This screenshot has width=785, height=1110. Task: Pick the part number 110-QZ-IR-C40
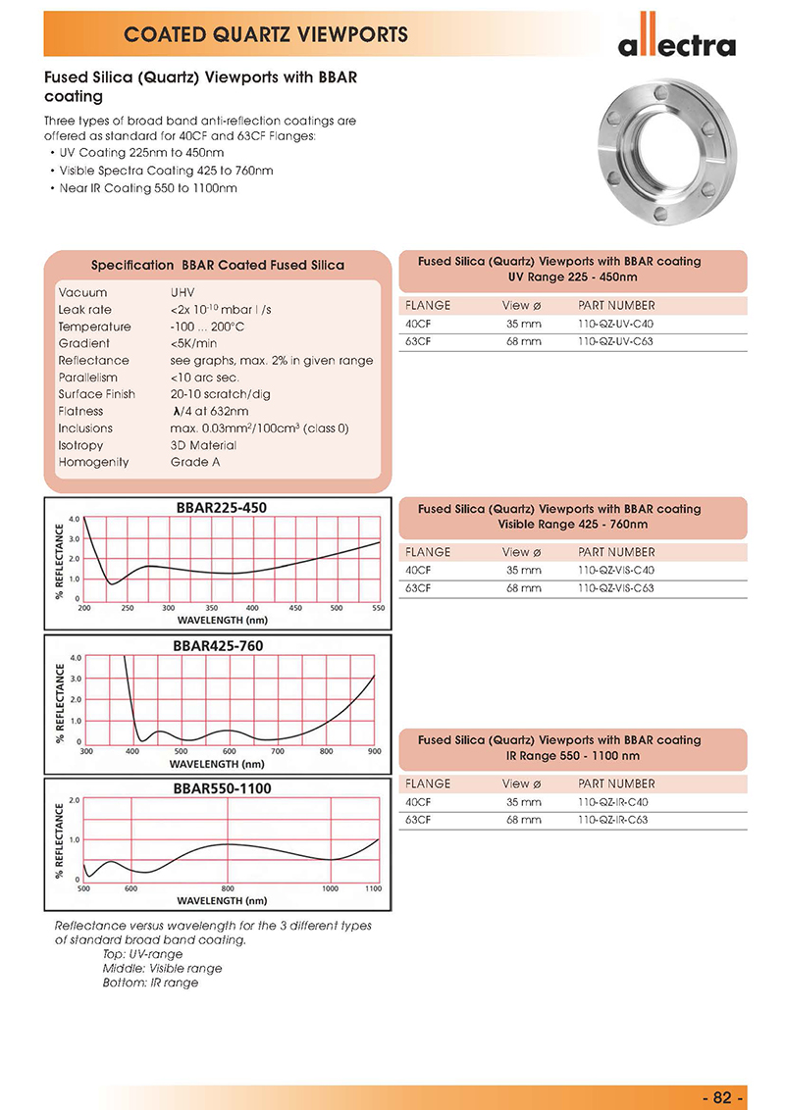coord(613,802)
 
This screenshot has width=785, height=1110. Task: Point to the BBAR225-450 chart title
coord(220,507)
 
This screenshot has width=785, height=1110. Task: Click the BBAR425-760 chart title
coord(219,645)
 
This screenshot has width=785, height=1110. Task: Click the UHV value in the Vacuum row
coord(184,293)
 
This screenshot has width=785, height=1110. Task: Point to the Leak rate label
coord(85,310)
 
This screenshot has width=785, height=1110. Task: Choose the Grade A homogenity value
coord(194,462)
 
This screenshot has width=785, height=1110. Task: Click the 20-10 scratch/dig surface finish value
coord(219,394)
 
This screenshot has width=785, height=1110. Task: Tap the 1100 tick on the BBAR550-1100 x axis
coord(373,888)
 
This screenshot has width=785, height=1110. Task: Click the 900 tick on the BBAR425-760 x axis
coord(374,751)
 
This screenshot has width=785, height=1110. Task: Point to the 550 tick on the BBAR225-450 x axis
coord(379,608)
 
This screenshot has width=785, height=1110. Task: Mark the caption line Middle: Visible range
coord(162,968)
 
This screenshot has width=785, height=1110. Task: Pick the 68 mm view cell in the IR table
coord(523,820)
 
